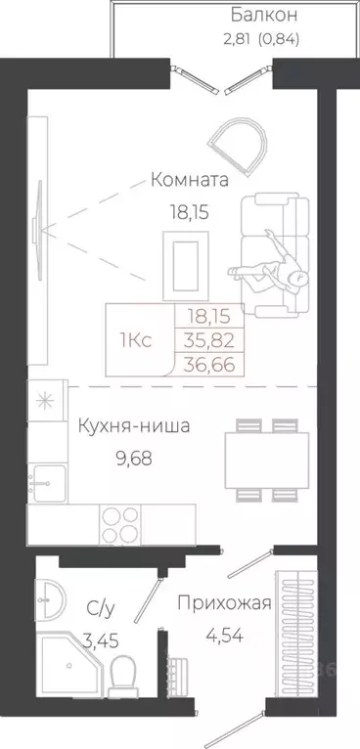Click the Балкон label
(x=264, y=16)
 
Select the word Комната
(x=190, y=180)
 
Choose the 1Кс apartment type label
(x=135, y=340)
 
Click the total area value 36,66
(x=208, y=363)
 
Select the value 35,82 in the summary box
(x=208, y=340)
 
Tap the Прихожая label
(x=223, y=602)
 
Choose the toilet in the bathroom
(x=123, y=676)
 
